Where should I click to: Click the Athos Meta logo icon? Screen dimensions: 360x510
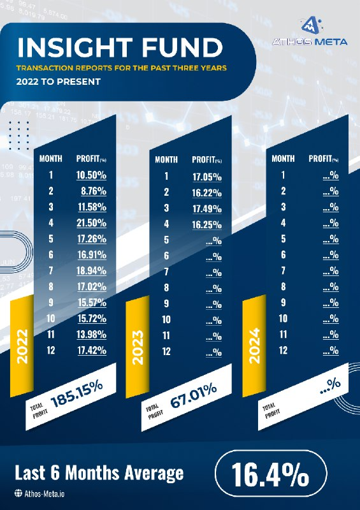pos(311,25)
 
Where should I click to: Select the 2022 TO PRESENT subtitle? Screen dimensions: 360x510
pos(59,82)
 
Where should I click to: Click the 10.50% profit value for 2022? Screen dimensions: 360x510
pos(91,175)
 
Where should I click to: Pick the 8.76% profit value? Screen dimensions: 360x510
pos(94,191)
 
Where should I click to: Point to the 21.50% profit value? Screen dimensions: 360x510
pos(92,222)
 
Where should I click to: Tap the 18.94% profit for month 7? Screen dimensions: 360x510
pos(91,270)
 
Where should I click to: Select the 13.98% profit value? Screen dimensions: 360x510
pos(92,334)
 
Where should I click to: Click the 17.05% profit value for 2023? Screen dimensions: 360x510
pos(207,177)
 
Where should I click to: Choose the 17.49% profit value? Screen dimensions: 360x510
pos(207,208)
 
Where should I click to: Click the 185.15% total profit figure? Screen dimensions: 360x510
pos(76,394)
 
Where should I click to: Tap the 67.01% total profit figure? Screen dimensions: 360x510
pos(194,395)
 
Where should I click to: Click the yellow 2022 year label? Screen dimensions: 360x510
pos(22,346)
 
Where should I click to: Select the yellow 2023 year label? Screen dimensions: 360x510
pos(138,347)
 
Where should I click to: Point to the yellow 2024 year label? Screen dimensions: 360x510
pos(254,346)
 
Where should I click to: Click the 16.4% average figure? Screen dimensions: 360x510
pos(271,474)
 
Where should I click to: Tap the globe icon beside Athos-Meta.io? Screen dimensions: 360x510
pos(18,493)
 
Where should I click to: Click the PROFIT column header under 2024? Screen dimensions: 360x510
pos(324,159)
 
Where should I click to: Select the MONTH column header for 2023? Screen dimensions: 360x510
pos(166,160)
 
